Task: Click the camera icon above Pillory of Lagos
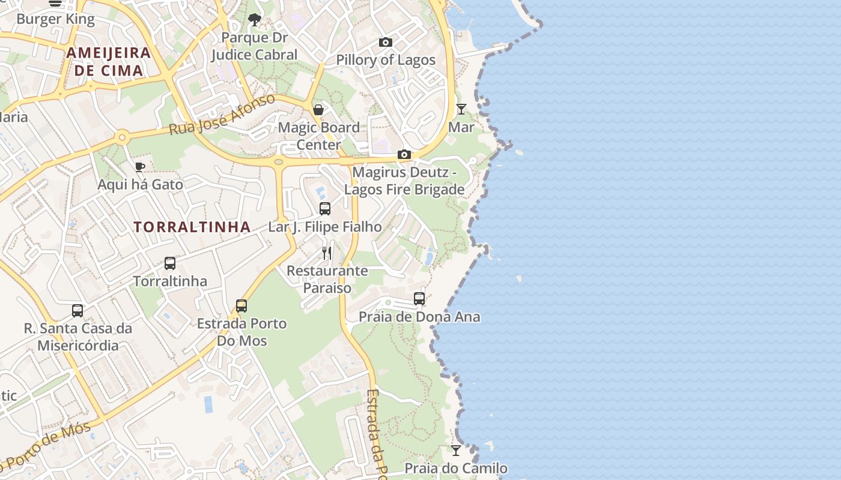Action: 386,42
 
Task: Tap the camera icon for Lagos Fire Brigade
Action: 404,155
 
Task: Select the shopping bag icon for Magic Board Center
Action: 318,110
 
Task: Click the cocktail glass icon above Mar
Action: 461,109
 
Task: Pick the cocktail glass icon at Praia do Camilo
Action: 456,450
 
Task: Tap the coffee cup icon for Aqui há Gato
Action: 139,167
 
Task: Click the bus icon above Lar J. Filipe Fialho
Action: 324,209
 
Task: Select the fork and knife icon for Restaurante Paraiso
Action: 327,253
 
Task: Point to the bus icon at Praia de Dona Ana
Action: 419,299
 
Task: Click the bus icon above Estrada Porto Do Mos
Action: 241,306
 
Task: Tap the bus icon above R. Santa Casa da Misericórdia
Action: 77,311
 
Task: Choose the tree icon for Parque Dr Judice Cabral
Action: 254,20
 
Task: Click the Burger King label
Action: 55,19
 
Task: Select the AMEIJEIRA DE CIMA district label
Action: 108,61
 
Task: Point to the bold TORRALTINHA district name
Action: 192,227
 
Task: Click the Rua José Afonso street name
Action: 222,114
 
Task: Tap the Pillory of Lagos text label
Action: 385,60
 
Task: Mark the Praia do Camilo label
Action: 455,468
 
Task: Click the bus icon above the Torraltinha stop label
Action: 170,263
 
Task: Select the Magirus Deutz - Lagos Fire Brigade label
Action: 404,181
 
